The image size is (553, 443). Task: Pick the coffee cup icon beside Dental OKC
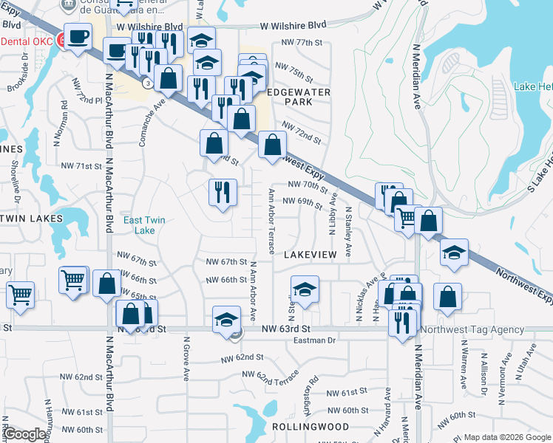tap(78, 36)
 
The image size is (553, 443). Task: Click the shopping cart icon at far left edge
tap(19, 295)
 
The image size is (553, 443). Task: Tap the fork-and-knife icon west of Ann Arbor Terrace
tap(222, 192)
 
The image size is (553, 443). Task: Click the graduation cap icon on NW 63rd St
tap(227, 320)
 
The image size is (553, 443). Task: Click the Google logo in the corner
tap(24, 435)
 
